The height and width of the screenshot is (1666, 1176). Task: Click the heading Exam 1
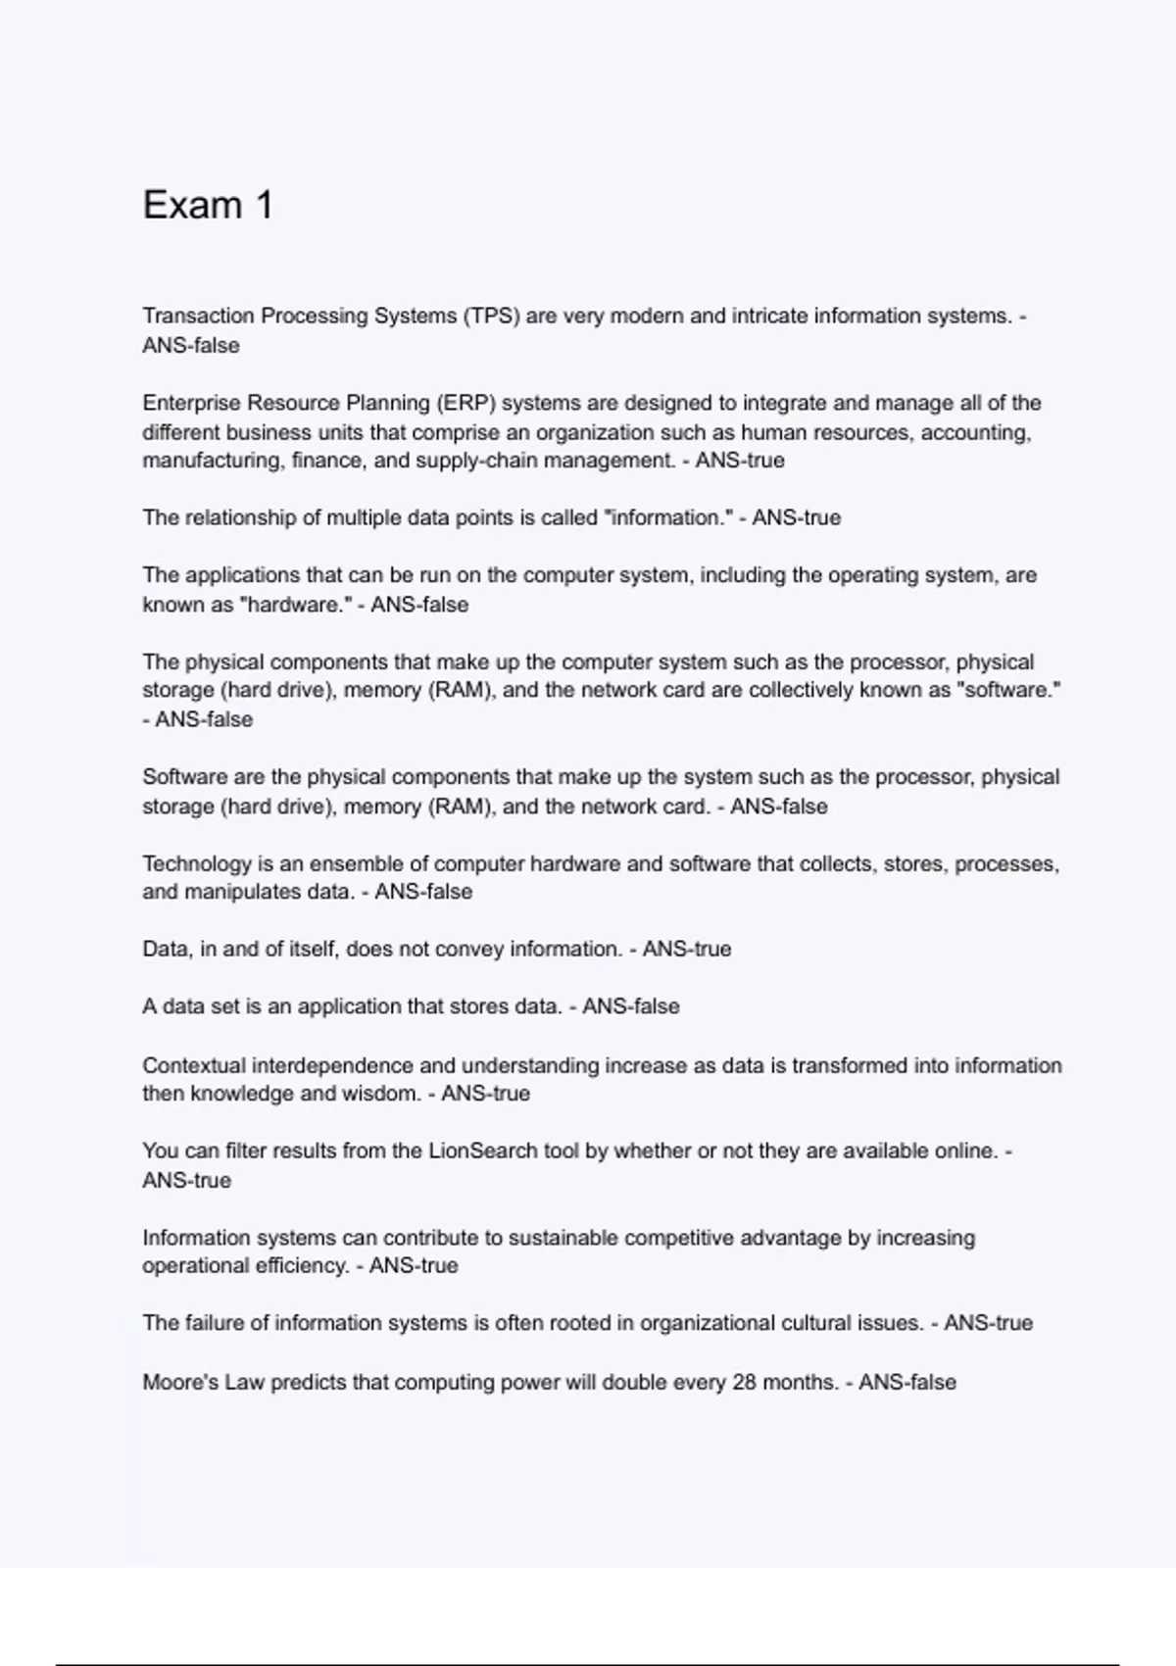[208, 205]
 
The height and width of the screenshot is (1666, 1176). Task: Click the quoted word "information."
[670, 517]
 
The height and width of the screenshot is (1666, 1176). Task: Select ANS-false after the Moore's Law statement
[906, 1382]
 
